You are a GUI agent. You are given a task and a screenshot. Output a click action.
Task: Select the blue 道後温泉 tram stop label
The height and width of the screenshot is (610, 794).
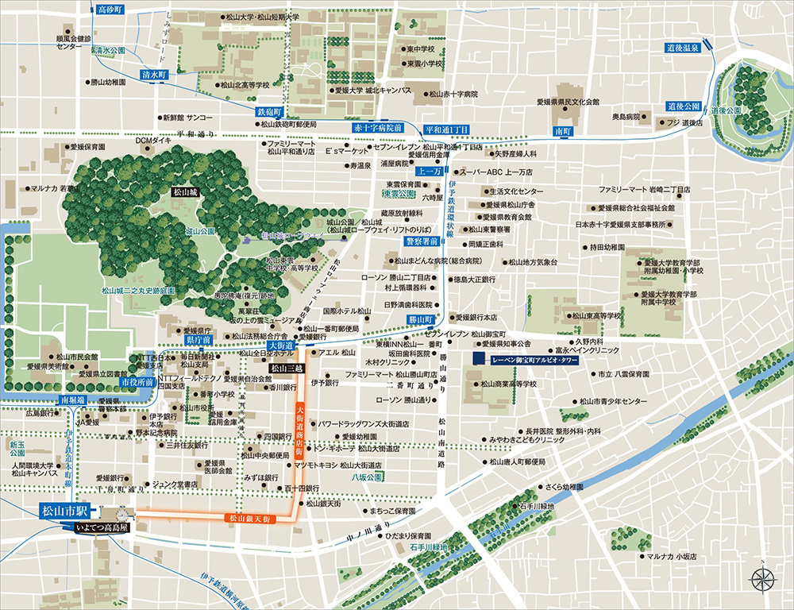point(683,48)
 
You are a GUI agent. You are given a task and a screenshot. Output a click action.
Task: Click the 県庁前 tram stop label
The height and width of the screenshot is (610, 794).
point(198,339)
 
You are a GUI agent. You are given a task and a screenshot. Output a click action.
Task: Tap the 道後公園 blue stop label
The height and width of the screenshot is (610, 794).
point(684,106)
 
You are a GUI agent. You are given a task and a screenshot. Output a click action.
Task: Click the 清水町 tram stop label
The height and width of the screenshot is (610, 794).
point(154,74)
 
